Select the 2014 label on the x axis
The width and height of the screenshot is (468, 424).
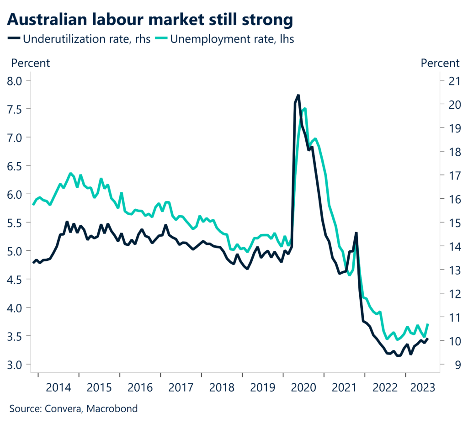(58, 387)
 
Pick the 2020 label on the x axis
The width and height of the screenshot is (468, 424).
(303, 387)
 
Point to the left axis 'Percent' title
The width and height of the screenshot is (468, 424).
(30, 63)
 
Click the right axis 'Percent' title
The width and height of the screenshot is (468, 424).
(440, 63)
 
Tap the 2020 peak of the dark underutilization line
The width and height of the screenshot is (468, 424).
(298, 95)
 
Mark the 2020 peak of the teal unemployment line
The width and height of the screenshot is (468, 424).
(305, 109)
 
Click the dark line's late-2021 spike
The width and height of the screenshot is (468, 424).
(356, 233)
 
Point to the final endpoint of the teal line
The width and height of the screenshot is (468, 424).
(428, 324)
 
